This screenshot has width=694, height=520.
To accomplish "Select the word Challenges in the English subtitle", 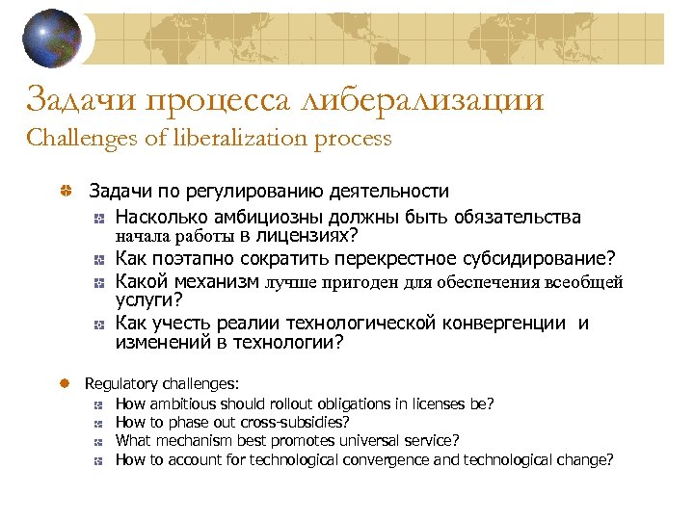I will tap(83, 138).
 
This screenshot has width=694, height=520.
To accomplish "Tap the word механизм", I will tap(213, 282).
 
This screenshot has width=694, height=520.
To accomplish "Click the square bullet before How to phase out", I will tap(100, 422).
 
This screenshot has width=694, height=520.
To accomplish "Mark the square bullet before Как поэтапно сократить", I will tap(101, 259).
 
